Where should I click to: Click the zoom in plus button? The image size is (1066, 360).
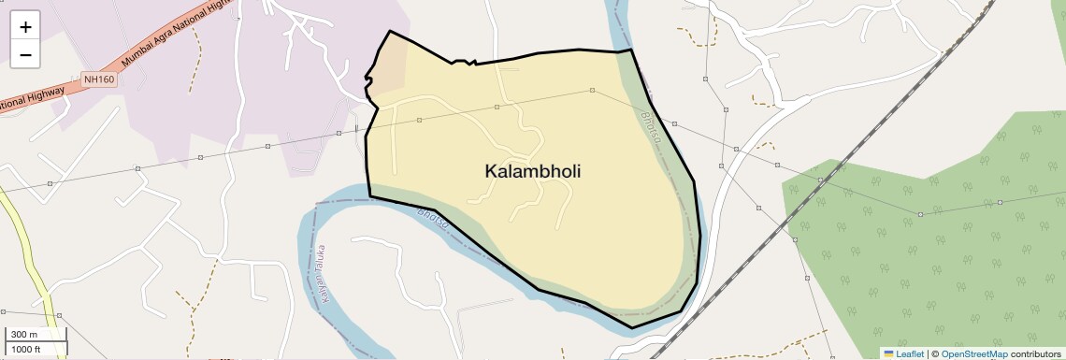25,27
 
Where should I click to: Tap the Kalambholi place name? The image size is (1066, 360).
526,171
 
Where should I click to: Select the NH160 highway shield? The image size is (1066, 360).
98,79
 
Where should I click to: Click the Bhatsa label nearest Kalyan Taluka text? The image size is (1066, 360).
432,222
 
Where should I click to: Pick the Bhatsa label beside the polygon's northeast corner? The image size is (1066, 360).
652,129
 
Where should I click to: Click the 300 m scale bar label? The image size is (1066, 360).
24,335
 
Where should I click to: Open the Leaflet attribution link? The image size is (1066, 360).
910,353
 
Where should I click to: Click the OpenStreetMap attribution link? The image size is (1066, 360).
973,353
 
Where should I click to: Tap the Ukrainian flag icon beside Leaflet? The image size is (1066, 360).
889,353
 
